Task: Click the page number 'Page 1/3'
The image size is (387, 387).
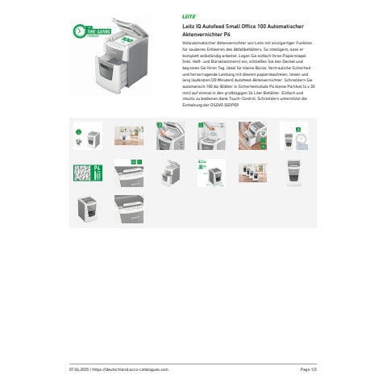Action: coord(308,368)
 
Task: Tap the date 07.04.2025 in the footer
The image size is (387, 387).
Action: coord(78,368)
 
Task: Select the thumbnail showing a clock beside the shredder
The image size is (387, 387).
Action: coord(293,135)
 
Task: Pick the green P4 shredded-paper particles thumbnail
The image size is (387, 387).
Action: coord(87,172)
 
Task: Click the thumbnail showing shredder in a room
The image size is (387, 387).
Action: coord(128,135)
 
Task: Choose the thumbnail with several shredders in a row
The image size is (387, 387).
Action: coord(252,172)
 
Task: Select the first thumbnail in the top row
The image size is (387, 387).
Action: coord(87,135)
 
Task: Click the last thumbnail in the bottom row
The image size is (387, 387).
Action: coord(128,208)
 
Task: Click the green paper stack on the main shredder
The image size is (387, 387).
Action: coord(127,38)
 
